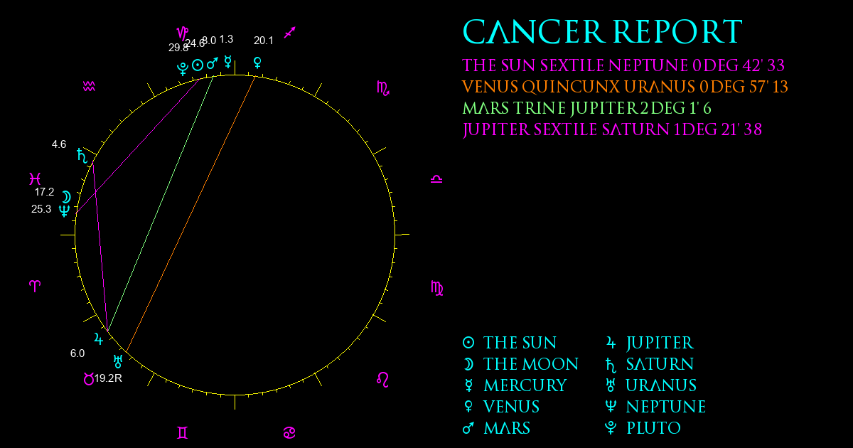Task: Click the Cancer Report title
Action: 603,31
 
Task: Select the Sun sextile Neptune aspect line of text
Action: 623,65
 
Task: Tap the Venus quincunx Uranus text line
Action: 625,87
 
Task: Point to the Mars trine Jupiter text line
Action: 587,108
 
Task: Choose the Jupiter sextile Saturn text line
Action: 612,129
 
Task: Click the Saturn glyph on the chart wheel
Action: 82,156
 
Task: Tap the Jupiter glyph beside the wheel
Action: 98,338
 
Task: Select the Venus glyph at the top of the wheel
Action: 257,63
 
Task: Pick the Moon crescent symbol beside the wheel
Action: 67,197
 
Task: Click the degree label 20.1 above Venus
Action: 264,41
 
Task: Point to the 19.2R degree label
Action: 108,378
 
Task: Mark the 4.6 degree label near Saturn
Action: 59,144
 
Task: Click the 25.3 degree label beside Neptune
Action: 41,209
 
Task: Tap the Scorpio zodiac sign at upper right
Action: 383,88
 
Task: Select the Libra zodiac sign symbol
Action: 436,179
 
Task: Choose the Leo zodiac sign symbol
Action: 382,380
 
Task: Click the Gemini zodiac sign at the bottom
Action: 183,433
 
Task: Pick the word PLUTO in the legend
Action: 653,428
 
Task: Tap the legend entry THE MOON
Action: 531,364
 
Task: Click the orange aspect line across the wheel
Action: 191,214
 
